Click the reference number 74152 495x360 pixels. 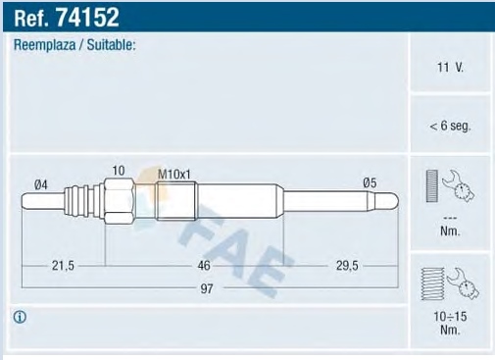(x=87, y=18)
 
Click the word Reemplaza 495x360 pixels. (x=44, y=45)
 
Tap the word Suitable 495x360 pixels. (x=111, y=44)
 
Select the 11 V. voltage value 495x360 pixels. (x=450, y=68)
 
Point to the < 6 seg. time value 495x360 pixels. (x=450, y=126)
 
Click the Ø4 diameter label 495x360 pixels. (x=41, y=184)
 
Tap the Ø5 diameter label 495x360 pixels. (x=370, y=183)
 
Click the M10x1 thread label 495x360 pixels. (x=173, y=175)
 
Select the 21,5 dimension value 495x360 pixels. (x=63, y=266)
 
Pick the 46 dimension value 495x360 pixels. (x=204, y=266)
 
